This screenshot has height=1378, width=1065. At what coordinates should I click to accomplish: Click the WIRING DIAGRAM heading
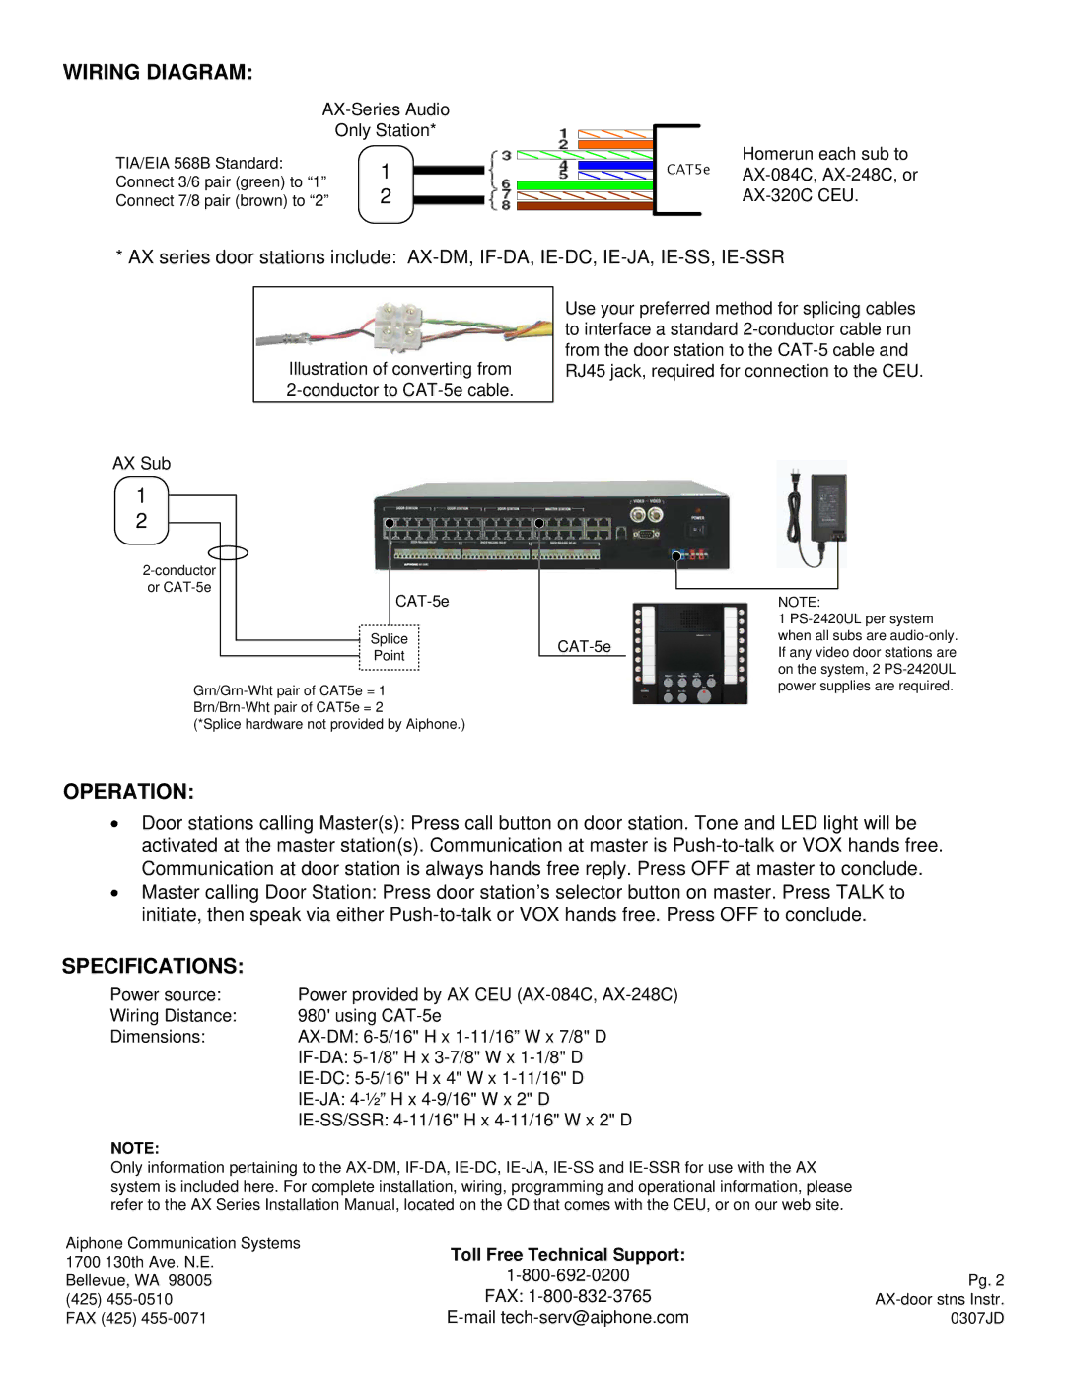click(x=158, y=72)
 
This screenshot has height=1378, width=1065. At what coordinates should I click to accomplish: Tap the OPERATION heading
click(x=128, y=792)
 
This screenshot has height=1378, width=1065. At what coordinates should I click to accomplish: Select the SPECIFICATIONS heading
click(x=152, y=966)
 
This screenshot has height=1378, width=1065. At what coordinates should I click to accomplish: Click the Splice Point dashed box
click(x=390, y=648)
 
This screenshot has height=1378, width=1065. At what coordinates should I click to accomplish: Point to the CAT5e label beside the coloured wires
click(x=687, y=170)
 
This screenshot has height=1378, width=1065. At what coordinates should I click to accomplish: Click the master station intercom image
click(x=690, y=653)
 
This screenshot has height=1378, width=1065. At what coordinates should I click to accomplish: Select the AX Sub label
click(x=141, y=464)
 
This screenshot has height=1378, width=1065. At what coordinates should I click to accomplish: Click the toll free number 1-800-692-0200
click(x=567, y=1275)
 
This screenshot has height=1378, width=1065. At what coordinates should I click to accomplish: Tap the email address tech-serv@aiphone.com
click(x=567, y=1318)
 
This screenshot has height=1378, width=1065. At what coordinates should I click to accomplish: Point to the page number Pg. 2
click(x=985, y=1280)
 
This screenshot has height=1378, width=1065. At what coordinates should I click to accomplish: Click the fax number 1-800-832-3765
click(x=567, y=1296)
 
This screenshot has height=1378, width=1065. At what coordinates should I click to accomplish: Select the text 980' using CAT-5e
click(x=369, y=1016)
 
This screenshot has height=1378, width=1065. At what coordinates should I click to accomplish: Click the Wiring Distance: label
click(x=174, y=1016)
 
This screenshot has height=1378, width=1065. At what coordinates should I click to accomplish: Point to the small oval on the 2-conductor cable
click(x=228, y=553)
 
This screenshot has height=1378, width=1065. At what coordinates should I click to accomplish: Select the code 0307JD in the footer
click(x=976, y=1318)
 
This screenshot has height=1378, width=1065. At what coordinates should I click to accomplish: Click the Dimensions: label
click(x=158, y=1037)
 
